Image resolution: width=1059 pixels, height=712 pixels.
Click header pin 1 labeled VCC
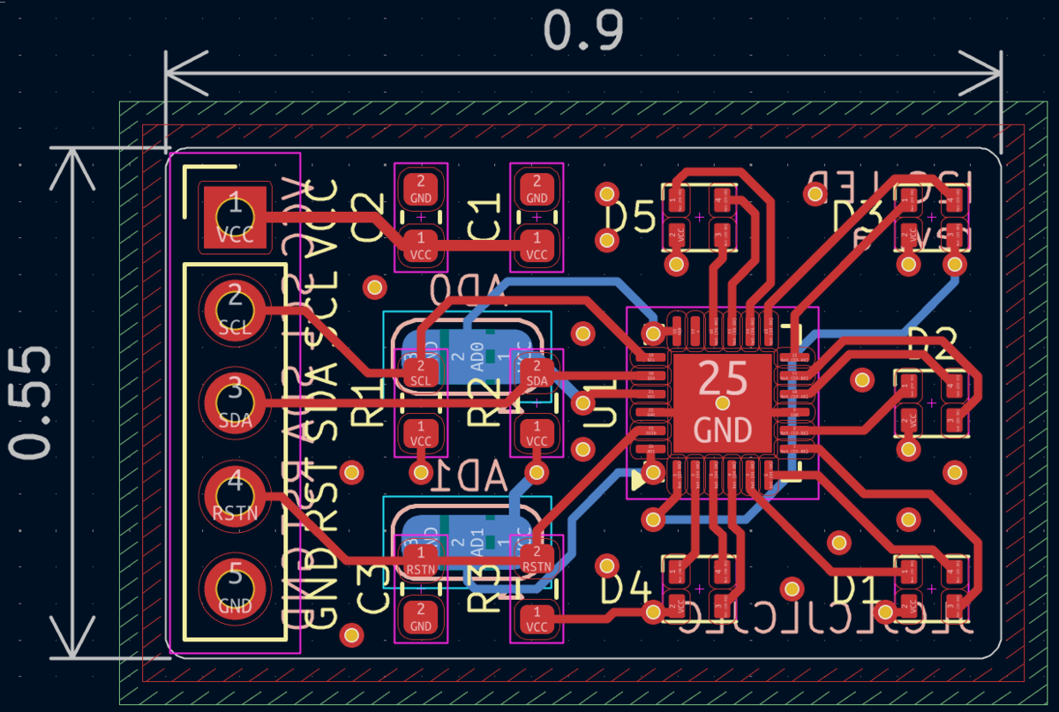(x=235, y=216)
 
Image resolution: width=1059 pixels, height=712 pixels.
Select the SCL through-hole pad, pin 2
(x=235, y=309)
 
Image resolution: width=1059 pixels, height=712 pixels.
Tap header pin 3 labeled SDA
(x=235, y=401)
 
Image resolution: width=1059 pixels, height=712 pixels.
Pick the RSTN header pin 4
(x=235, y=494)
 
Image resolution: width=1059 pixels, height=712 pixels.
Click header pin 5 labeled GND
(x=235, y=588)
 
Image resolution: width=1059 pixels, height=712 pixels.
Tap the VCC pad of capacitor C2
(x=421, y=244)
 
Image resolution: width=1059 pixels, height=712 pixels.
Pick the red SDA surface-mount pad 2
(x=536, y=373)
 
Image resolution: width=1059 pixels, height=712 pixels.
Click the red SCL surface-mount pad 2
(x=421, y=373)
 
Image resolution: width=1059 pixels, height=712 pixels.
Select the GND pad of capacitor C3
(x=421, y=616)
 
